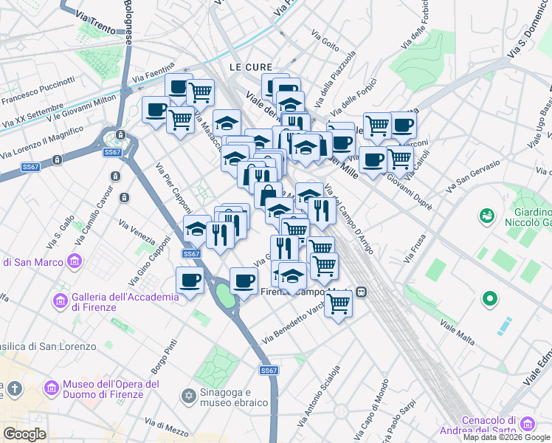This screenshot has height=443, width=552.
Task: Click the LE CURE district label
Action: click(x=246, y=66)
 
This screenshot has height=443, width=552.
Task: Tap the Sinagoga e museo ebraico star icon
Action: click(x=188, y=397)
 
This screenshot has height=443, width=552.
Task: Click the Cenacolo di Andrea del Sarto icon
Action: click(x=527, y=424)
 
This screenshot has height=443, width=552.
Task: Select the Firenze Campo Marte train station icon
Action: click(x=362, y=292)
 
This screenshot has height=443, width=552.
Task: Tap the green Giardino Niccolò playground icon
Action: click(x=486, y=216)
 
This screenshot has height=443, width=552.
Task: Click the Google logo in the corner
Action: click(x=24, y=434)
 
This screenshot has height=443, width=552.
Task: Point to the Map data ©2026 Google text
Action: click(x=506, y=437)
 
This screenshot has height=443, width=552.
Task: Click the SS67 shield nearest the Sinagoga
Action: click(x=269, y=371)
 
